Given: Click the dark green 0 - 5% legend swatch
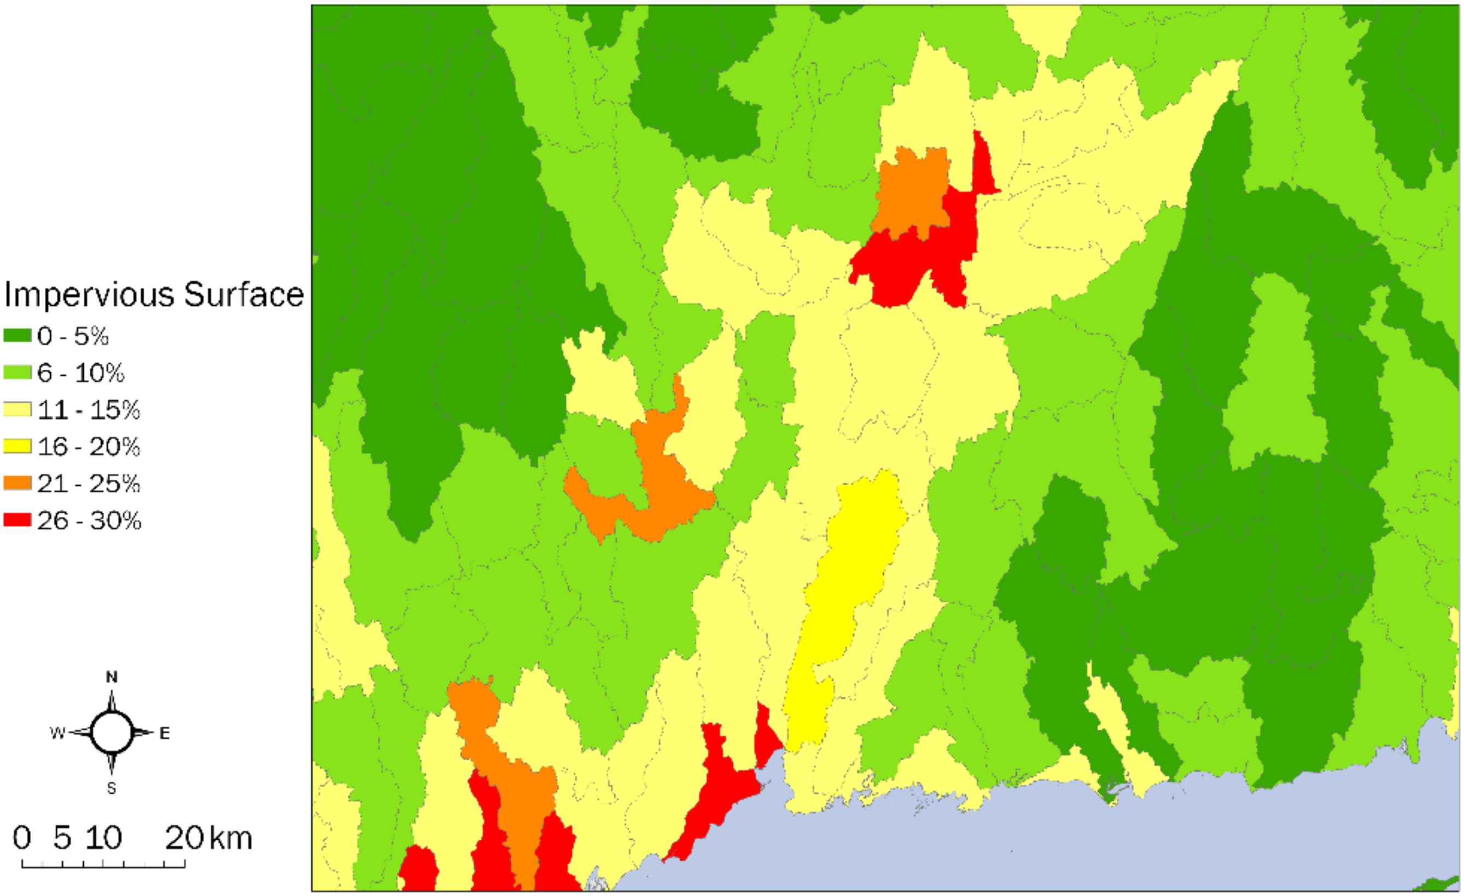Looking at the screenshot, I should (x=18, y=336).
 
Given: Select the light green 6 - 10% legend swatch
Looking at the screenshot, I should (x=18, y=373).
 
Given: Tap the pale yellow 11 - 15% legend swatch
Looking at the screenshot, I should (x=18, y=409).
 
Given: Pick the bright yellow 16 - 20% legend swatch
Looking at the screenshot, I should (x=18, y=446).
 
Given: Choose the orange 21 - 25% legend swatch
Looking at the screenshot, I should (x=18, y=483).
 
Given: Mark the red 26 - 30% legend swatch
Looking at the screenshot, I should (x=18, y=520).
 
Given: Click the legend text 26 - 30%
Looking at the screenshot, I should (x=89, y=521).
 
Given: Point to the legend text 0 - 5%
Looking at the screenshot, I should (x=73, y=336).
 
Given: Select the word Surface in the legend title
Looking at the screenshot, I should (x=243, y=295).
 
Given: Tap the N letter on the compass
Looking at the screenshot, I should (x=112, y=677).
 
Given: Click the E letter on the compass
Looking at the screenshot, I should (x=165, y=733).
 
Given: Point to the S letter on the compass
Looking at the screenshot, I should (x=112, y=788).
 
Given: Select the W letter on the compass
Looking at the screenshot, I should (x=57, y=733).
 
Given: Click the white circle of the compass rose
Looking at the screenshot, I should (x=112, y=732).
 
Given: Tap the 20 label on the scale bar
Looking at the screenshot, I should (x=185, y=838).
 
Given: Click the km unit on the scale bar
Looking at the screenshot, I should (x=231, y=838).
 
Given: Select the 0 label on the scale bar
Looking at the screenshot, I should (x=22, y=838).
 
